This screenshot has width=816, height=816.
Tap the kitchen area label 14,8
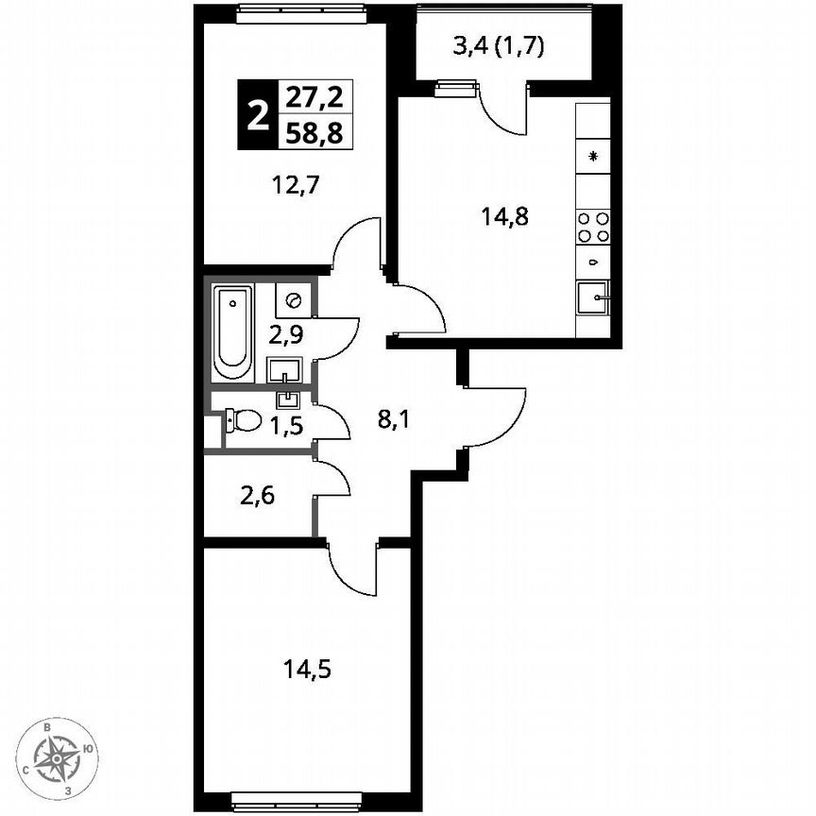coord(503,216)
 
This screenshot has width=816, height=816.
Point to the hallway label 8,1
coord(394,418)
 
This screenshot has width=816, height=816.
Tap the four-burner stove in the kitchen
coord(593,228)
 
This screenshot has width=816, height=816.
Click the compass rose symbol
coord(59,756)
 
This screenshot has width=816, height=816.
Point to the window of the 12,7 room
coord(299,11)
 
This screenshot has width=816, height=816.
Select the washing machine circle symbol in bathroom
coord(292,301)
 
